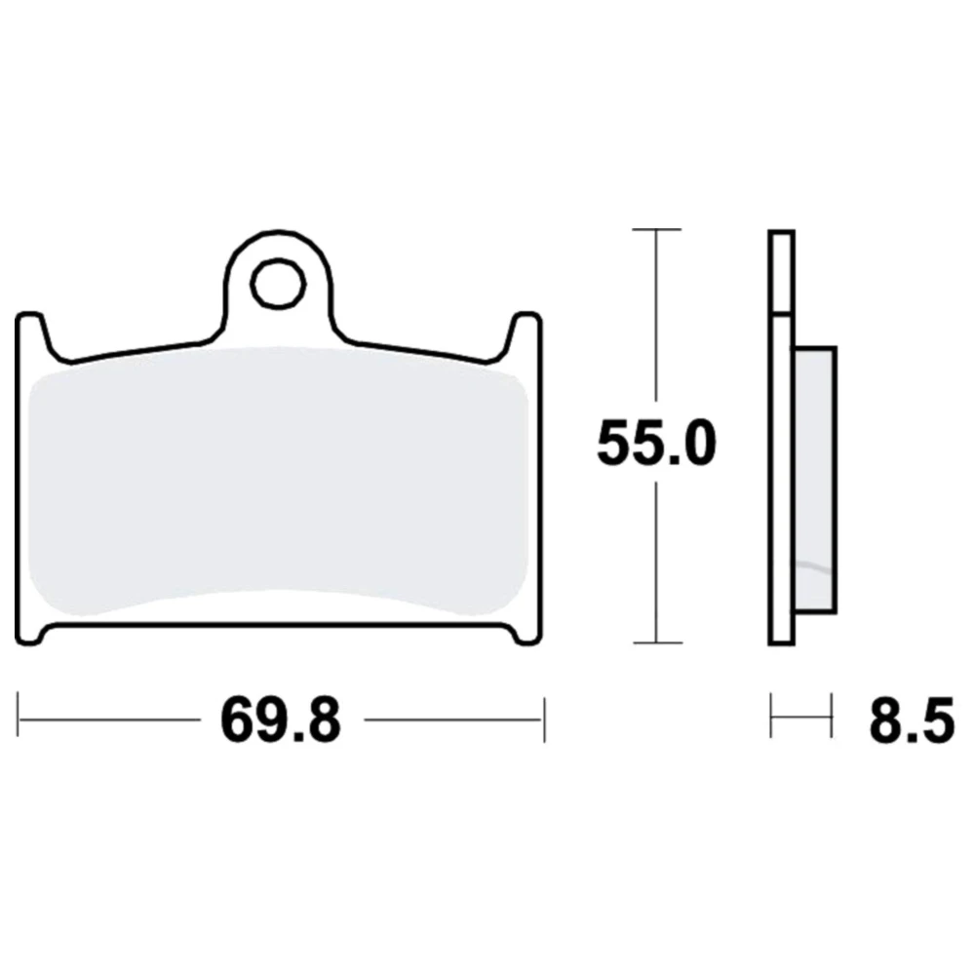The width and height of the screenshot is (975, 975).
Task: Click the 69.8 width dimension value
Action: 281,721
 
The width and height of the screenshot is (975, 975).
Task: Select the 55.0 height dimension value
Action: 656,444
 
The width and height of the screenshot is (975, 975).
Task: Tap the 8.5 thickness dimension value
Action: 912,721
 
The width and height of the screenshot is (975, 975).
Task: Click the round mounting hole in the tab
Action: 278,284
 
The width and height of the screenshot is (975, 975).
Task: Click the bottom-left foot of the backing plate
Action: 30,635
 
